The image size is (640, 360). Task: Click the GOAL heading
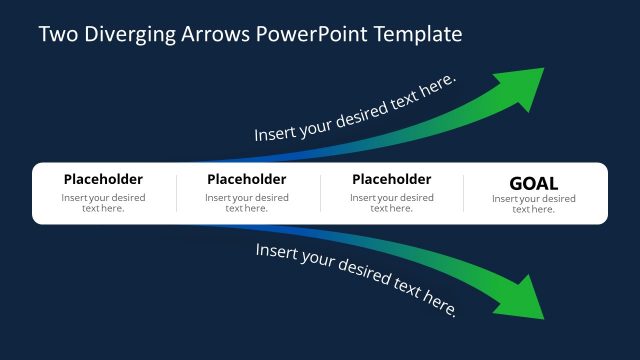click(x=534, y=183)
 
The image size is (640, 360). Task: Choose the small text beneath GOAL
click(x=534, y=204)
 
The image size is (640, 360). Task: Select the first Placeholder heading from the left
click(x=103, y=180)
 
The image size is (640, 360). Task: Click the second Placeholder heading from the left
click(x=246, y=180)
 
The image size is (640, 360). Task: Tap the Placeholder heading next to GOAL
click(x=391, y=180)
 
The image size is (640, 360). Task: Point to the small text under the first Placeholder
click(x=103, y=203)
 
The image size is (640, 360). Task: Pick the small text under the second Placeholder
click(x=246, y=203)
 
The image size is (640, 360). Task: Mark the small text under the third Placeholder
click(x=391, y=203)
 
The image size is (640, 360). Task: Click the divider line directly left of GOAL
click(x=464, y=193)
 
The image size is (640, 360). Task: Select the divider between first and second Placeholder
click(x=176, y=193)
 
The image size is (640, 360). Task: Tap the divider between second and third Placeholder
click(x=320, y=193)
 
